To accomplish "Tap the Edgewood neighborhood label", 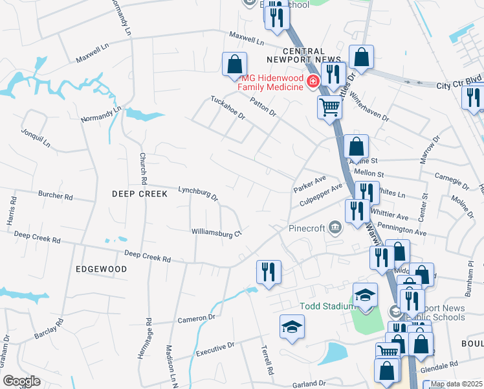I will (101, 268).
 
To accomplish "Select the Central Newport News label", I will (313, 56).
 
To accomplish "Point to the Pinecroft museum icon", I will (335, 226).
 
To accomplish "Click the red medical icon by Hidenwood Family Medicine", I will (313, 81).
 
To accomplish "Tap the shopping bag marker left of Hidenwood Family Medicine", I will (234, 65).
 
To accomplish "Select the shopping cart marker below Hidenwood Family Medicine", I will (329, 107).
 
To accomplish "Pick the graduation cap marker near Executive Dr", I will (292, 327).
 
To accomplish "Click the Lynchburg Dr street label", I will (198, 193).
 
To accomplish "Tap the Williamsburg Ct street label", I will (216, 232).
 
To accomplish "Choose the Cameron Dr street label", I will (196, 318).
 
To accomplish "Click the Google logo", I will (21, 381).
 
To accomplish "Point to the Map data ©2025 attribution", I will (456, 384).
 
